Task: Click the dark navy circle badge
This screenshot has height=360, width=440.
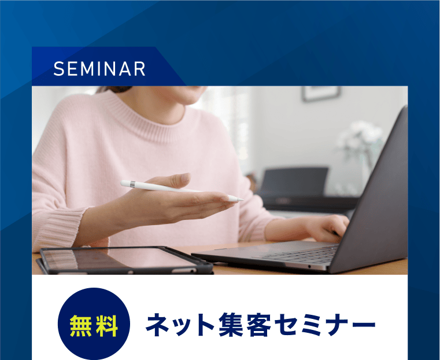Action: (94, 313)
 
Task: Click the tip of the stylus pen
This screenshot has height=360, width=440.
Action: (241, 200)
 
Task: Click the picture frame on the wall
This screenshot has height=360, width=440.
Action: (321, 94)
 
